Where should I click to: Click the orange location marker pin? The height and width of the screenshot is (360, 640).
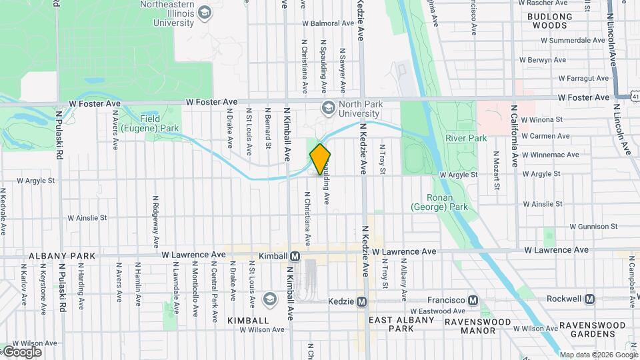click(320, 159)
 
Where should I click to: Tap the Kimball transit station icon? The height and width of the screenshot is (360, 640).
click(295, 256)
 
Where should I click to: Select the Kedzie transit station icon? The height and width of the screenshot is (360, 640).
click(361, 301)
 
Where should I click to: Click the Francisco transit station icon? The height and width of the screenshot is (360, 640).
click(473, 301)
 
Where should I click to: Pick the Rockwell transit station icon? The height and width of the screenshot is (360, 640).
click(589, 299)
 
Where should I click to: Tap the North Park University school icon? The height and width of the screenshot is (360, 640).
click(328, 107)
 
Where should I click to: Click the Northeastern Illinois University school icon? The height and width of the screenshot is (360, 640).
click(205, 13)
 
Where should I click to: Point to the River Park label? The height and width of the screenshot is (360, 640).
click(467, 138)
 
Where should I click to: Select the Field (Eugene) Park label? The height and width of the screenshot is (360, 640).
click(150, 123)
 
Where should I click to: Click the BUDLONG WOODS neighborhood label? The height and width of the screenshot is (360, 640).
click(549, 21)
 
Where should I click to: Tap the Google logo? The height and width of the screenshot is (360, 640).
click(21, 351)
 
